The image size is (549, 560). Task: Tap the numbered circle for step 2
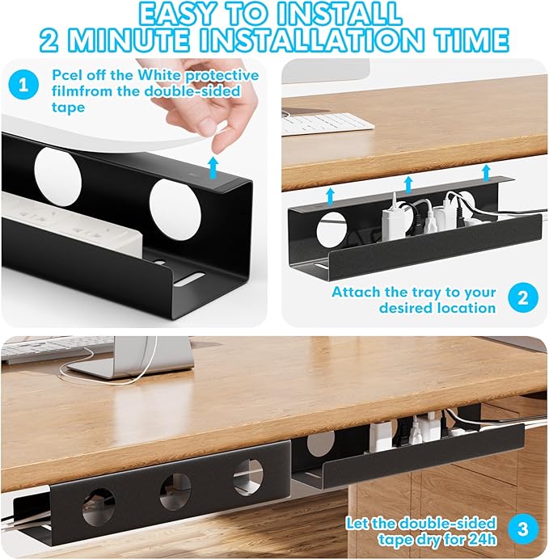pos(523,298)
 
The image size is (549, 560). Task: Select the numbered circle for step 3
pos(523,530)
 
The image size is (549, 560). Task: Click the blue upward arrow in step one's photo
pos(212,167)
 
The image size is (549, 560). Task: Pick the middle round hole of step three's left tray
pos(175,491)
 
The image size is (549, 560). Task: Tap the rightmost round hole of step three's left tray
pos(247,477)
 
